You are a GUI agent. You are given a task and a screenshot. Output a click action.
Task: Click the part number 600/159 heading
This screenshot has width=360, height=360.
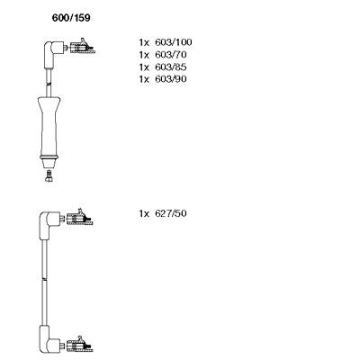tap(71, 18)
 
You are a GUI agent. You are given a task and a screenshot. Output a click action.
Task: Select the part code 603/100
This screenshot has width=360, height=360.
tap(174, 42)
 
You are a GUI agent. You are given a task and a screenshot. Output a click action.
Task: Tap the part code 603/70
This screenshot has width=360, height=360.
tap(171, 55)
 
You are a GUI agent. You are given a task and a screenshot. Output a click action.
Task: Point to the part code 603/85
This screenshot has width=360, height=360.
tap(171, 67)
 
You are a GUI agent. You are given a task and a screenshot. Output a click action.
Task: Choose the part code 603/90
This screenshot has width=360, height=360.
tap(171, 79)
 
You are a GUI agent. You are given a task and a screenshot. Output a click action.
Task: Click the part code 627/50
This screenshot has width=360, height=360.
tap(171, 213)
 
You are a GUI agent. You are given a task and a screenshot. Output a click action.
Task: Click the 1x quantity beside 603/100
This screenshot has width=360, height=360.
tap(144, 42)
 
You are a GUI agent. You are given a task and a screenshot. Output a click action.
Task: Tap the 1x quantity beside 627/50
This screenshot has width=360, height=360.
tap(144, 213)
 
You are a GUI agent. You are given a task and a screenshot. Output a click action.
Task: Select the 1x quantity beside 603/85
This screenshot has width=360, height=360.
tap(144, 67)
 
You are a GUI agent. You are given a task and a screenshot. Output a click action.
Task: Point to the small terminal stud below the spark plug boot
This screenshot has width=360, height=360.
tap(49, 175)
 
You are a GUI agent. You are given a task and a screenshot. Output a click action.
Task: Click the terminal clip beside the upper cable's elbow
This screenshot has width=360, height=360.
tap(82, 47)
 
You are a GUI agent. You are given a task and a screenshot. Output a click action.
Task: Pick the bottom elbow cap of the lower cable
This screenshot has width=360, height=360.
tap(48, 339)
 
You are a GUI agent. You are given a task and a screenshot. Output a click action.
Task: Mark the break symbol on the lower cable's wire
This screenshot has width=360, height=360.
tap(44, 279)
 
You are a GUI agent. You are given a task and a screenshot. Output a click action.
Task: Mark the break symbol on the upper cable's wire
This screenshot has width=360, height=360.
tap(49, 84)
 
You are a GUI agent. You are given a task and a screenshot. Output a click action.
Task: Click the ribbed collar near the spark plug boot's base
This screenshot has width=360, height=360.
tap(49, 157)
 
